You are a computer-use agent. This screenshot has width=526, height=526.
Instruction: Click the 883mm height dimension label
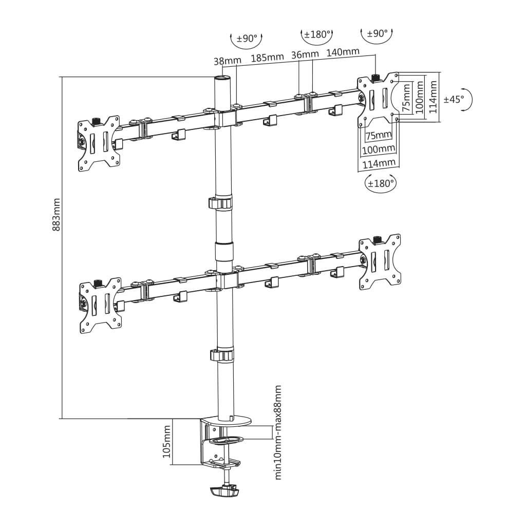tap(57, 215)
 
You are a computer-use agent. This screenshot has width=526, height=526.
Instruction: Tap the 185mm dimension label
tap(268, 58)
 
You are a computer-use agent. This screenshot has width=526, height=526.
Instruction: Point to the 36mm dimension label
tap(305, 54)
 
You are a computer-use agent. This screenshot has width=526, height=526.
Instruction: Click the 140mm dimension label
tap(343, 52)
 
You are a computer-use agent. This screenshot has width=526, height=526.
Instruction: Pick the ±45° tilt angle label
tap(454, 99)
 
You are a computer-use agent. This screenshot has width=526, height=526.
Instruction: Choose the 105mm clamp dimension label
tap(167, 441)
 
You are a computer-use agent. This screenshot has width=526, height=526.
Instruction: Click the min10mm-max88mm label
tap(278, 433)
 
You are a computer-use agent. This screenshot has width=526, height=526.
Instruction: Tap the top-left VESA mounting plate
tap(99, 144)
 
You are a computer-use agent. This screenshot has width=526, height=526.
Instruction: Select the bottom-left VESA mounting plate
tap(100, 306)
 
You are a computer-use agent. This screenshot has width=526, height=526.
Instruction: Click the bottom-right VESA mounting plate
tap(380, 262)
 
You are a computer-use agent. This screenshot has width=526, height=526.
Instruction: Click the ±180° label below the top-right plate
tap(381, 183)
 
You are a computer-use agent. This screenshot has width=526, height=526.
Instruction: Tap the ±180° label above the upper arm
tap(316, 34)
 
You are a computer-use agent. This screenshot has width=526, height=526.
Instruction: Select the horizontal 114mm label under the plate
tap(379, 164)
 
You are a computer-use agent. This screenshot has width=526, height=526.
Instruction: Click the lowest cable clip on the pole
tap(222, 355)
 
